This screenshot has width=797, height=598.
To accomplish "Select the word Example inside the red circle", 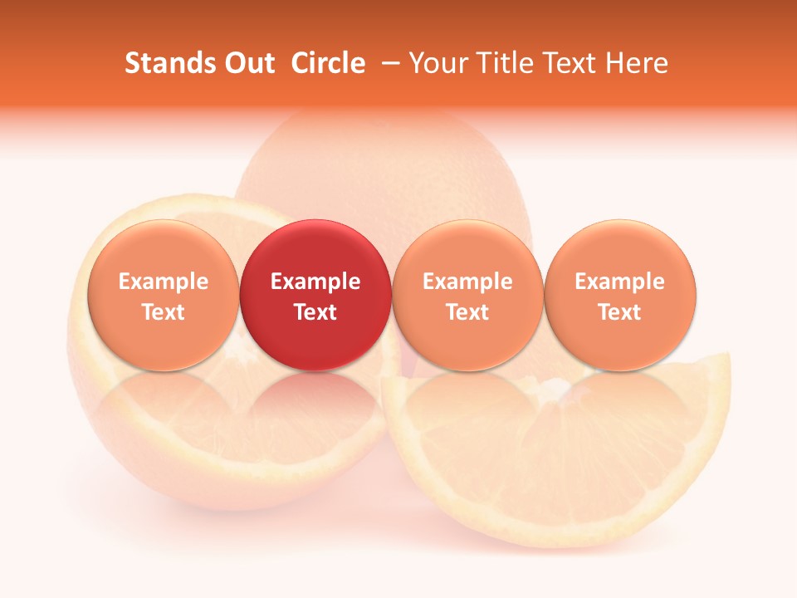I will (x=315, y=282).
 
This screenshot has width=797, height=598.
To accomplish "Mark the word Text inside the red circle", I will (x=315, y=312).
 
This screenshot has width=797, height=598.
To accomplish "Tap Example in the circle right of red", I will (x=467, y=282).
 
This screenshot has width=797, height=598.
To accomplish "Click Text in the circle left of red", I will (x=164, y=312).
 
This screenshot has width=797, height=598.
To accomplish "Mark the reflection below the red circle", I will (x=315, y=407).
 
